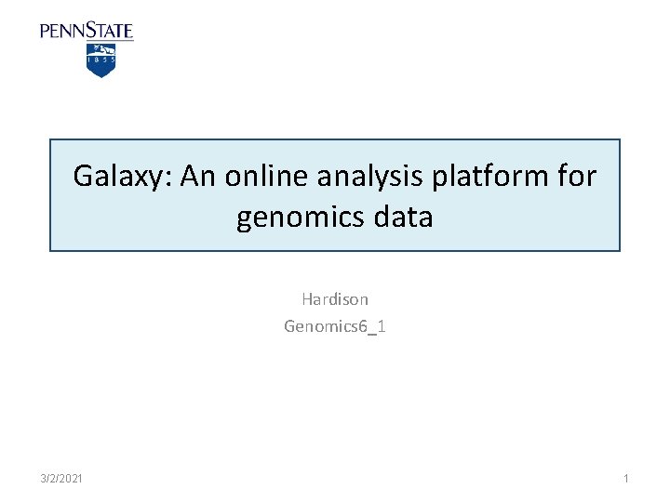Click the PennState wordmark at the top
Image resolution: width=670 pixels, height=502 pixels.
coord(87,31)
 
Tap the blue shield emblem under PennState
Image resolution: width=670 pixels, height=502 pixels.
coord(100,60)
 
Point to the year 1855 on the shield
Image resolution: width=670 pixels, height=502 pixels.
coord(100,58)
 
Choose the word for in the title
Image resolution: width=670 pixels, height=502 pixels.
coord(575,176)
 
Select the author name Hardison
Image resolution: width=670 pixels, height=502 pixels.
coord(335,299)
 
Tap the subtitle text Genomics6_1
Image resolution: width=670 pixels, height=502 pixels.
coord(335,325)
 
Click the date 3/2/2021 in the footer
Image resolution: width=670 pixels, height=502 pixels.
coord(61,478)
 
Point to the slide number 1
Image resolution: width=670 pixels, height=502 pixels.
coord(626,478)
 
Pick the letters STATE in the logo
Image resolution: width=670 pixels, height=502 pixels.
coord(110,31)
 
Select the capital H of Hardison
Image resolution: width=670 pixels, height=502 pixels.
coord(306,299)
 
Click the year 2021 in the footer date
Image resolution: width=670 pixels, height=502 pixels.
coord(71,478)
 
